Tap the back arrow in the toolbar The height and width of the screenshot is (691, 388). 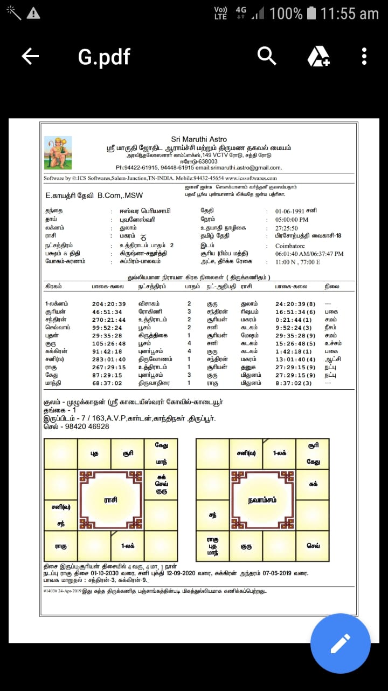coord(30,56)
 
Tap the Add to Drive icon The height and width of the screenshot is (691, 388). coord(318,56)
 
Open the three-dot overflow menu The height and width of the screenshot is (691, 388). coord(364,56)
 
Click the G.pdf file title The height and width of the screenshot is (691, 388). coord(104,57)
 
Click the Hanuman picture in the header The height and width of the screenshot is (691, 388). coord(58,153)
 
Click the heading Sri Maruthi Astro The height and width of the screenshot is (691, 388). coord(199,139)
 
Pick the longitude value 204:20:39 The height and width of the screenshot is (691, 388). coord(109,304)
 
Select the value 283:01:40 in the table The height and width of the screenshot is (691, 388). coord(109,359)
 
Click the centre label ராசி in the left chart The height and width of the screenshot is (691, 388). coord(110,500)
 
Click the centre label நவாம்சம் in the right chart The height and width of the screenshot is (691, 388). coord(263,500)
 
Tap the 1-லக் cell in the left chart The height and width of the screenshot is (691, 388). coord(128,546)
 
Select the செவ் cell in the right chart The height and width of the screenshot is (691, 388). coord(313,546)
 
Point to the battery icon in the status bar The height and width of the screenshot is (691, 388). coord(312,13)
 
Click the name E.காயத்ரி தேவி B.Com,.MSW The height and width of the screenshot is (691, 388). coord(94,195)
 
